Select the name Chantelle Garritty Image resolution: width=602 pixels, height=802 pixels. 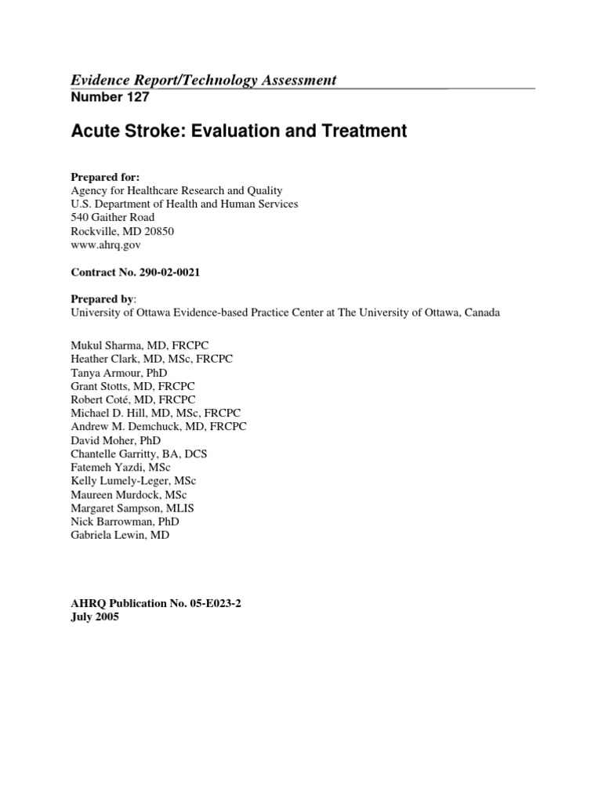[x=114, y=453]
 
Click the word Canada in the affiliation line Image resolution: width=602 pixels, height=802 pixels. [x=481, y=312]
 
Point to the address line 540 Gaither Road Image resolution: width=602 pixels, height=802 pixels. [x=113, y=217]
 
